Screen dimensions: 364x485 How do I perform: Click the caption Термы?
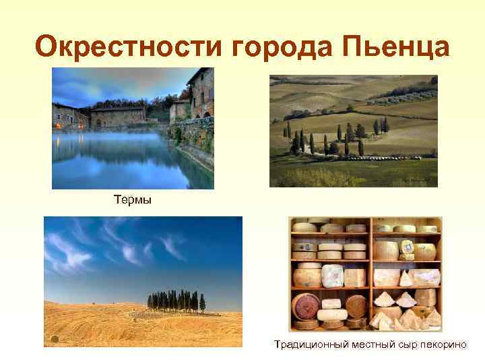point(131,200)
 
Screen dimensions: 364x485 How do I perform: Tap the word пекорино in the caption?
point(445,345)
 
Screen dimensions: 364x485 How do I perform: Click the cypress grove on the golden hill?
point(176,301)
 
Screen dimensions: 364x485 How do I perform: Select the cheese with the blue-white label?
point(407,250)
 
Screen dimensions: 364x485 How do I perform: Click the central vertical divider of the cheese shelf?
point(369,273)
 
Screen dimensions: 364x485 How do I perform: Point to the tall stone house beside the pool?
point(200,94)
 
